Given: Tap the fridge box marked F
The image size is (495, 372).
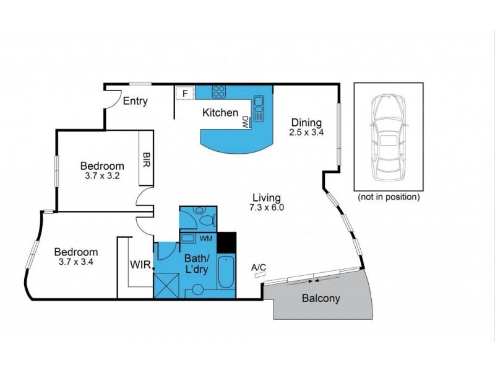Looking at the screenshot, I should (x=184, y=94).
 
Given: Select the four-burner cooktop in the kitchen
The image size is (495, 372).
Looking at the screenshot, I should (x=219, y=92).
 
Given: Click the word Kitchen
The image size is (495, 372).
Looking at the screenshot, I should (x=220, y=113).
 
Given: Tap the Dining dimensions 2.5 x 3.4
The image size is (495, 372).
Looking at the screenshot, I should (x=306, y=133).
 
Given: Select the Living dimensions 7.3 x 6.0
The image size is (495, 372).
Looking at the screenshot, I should (x=268, y=208).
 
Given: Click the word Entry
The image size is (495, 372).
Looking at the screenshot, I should (x=135, y=101).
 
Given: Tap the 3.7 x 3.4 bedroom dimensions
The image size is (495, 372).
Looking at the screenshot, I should (x=75, y=262).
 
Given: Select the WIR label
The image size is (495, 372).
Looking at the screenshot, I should (x=139, y=265).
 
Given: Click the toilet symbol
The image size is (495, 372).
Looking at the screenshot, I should (x=204, y=218).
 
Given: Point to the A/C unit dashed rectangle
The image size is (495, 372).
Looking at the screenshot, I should (x=259, y=277).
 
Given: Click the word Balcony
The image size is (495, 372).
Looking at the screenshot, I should (x=321, y=298).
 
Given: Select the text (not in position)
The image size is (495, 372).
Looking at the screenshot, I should (x=389, y=197).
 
